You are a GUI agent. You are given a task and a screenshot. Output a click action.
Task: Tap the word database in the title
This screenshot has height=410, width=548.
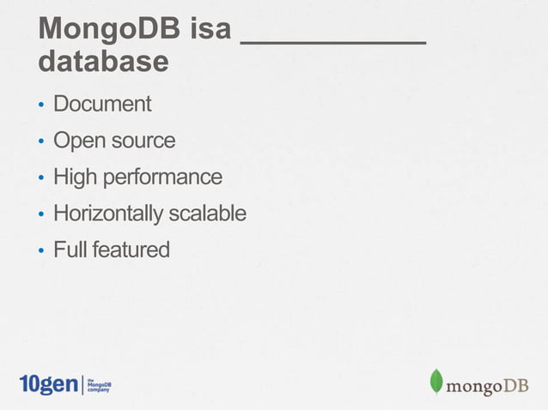[x=103, y=62]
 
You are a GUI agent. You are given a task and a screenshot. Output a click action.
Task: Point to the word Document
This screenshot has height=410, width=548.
[x=102, y=105]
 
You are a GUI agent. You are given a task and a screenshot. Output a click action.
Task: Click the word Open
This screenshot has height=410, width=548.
[x=75, y=141]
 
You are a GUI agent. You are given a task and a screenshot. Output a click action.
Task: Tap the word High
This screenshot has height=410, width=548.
[x=75, y=178]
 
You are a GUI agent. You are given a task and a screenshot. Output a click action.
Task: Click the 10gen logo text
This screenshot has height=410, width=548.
[x=48, y=384]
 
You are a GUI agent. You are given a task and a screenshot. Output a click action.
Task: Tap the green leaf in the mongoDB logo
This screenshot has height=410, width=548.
[x=436, y=382]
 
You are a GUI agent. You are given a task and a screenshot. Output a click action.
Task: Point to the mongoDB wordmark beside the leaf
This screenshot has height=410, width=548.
[x=486, y=385]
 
